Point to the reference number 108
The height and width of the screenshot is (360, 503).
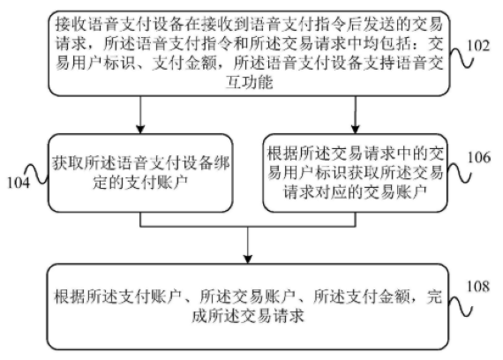[x=479, y=287]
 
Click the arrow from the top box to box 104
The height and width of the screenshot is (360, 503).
[x=140, y=114]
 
